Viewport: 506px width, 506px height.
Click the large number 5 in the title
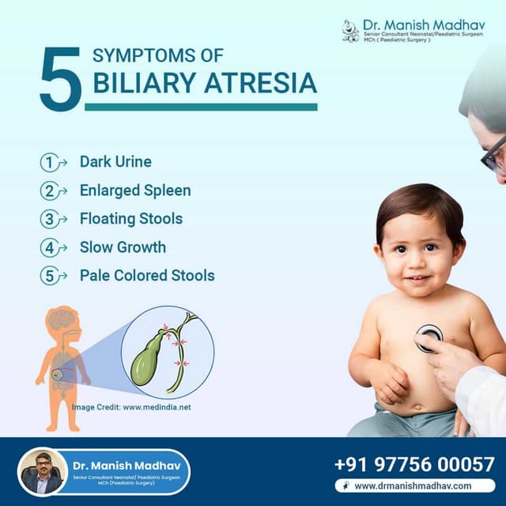pyautogui.click(x=60, y=79)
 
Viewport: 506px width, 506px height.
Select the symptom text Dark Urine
pyautogui.click(x=115, y=162)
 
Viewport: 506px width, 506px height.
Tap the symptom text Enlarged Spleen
pyautogui.click(x=134, y=191)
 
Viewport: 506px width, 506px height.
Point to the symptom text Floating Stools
pyautogui.click(x=130, y=219)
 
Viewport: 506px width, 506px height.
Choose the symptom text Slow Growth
pyautogui.click(x=123, y=247)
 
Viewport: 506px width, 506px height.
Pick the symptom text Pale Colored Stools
pyautogui.click(x=147, y=276)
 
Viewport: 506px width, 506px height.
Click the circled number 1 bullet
pyautogui.click(x=50, y=163)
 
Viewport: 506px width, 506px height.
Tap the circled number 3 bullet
pyautogui.click(x=50, y=220)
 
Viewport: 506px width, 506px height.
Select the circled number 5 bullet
pyautogui.click(x=50, y=277)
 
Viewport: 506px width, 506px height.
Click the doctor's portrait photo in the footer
pyautogui.click(x=41, y=472)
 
